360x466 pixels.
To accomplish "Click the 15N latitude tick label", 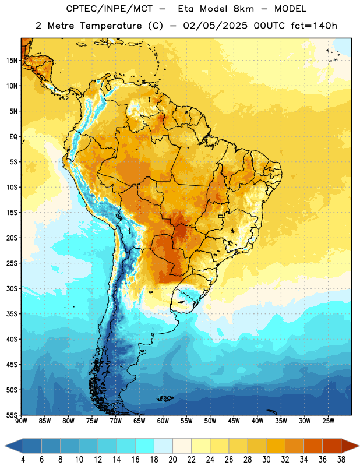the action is [x=12, y=61].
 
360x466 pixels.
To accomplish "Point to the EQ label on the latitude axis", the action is [x=13, y=137].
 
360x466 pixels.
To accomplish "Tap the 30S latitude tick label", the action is [x=12, y=288].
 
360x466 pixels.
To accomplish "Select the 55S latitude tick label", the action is [x=12, y=415].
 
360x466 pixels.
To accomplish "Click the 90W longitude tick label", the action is [x=21, y=421].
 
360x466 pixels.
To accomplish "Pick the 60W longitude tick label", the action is [x=163, y=421].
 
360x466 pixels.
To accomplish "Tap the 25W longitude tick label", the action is [x=328, y=421].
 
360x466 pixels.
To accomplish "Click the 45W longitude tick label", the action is [x=234, y=421].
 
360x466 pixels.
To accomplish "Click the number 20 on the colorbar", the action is [x=172, y=460].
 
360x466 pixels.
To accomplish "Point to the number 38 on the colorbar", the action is [x=341, y=460].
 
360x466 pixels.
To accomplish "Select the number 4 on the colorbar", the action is [x=23, y=460].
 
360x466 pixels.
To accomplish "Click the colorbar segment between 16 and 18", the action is [x=144, y=446].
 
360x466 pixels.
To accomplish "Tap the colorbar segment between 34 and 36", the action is [x=313, y=446].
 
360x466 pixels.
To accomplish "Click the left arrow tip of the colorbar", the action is [x=5, y=446].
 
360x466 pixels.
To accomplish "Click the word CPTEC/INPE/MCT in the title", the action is [x=110, y=9].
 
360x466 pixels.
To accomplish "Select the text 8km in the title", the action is [x=243, y=9].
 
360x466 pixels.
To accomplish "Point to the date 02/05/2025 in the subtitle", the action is [x=215, y=26].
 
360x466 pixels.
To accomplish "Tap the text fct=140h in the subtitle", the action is [x=314, y=26].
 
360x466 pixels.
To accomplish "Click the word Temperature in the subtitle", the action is [x=111, y=26].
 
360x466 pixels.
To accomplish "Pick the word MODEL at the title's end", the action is [x=290, y=9].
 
